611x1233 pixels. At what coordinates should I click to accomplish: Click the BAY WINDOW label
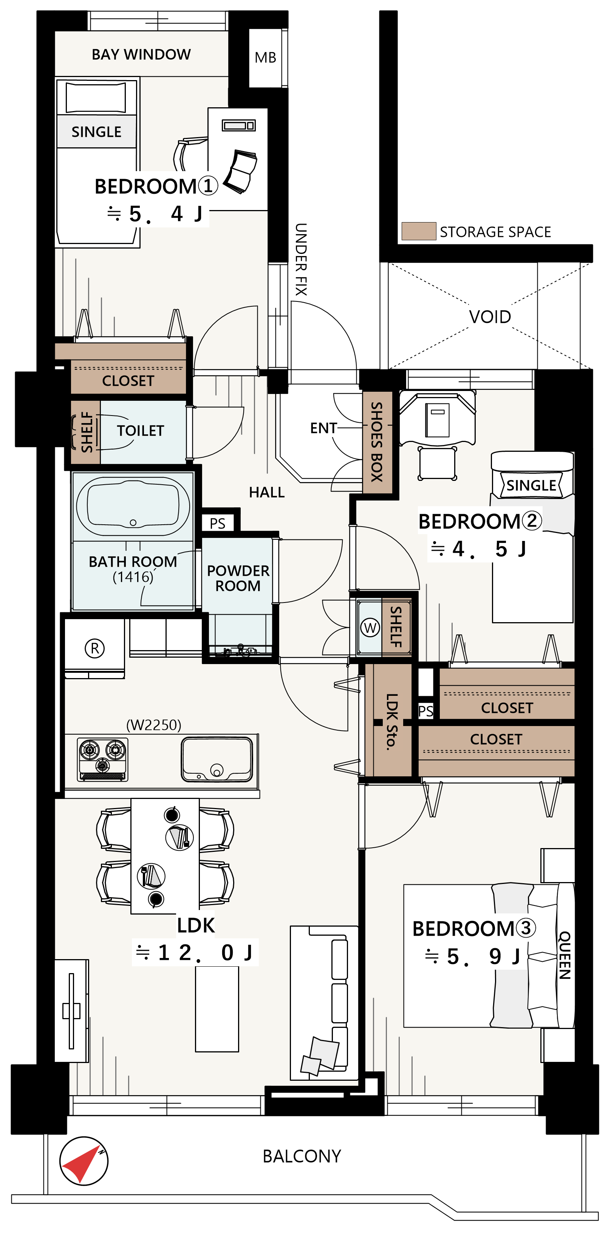click(141, 54)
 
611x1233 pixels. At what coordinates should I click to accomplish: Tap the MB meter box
click(266, 57)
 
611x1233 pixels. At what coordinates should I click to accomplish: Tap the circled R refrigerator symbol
click(95, 649)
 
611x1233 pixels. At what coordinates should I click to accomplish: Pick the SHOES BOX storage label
click(377, 442)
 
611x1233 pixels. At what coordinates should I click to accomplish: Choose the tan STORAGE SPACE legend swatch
click(419, 231)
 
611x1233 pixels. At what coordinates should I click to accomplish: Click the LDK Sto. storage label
click(392, 721)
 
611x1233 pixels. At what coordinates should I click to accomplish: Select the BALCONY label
click(302, 1156)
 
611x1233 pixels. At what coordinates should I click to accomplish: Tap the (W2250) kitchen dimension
click(154, 725)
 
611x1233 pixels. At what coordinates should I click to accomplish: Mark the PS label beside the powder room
click(217, 523)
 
